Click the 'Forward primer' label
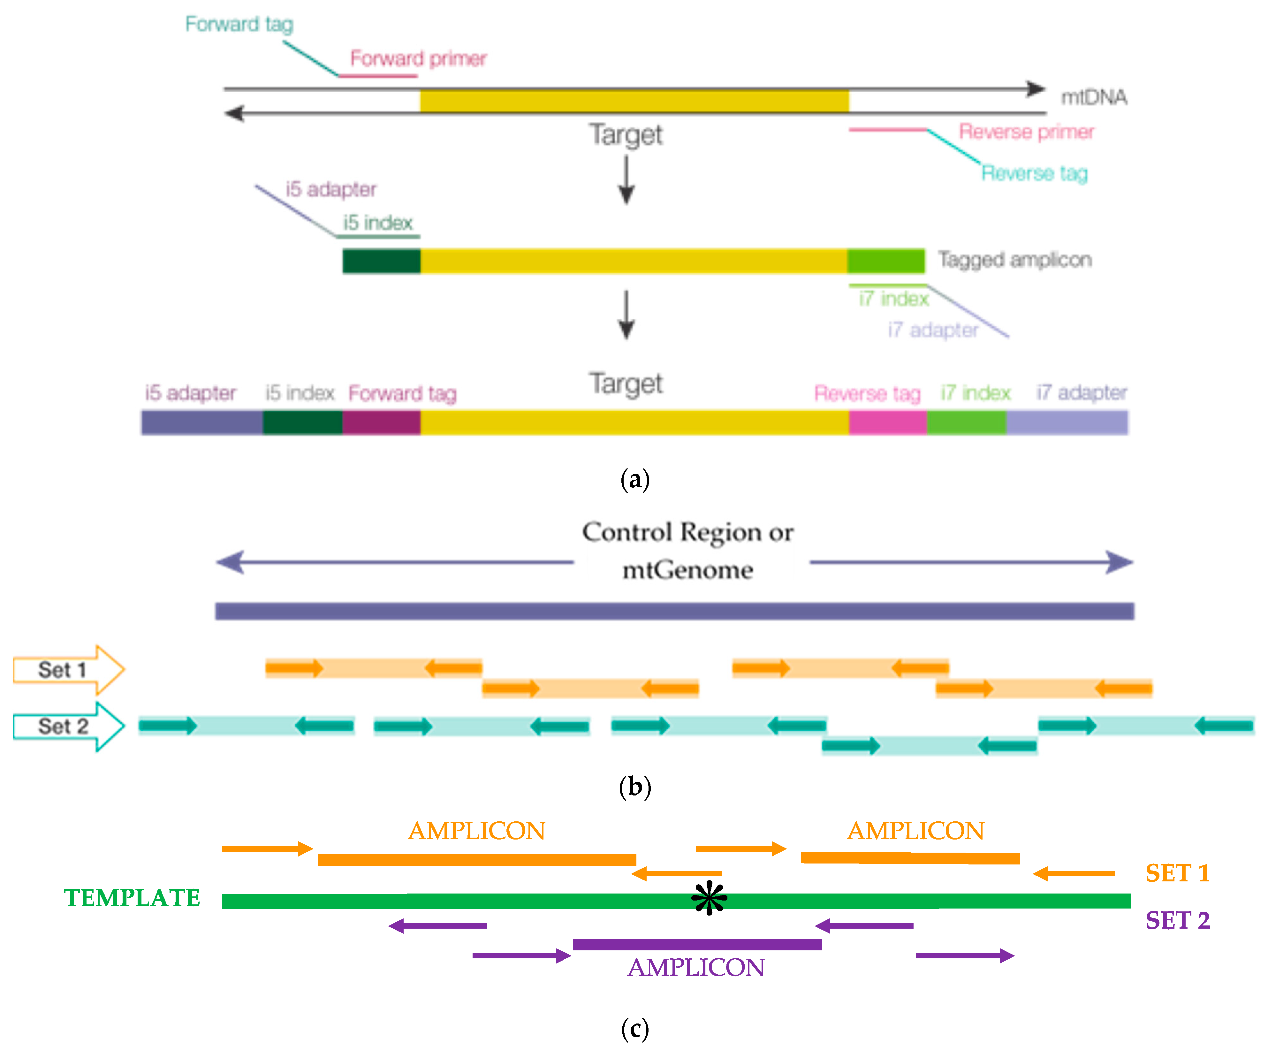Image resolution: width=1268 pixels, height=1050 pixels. tap(418, 58)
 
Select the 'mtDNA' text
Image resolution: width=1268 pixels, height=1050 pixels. tap(1094, 97)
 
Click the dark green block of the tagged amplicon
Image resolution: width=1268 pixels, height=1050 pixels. tap(381, 261)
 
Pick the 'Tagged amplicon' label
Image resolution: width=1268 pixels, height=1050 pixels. tap(1014, 260)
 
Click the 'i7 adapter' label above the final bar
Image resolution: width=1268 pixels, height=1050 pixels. tap(1082, 392)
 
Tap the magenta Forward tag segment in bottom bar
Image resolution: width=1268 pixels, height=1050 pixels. tap(381, 422)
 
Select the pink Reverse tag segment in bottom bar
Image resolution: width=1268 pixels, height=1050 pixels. tap(887, 422)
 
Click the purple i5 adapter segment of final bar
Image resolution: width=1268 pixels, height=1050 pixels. tap(202, 422)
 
